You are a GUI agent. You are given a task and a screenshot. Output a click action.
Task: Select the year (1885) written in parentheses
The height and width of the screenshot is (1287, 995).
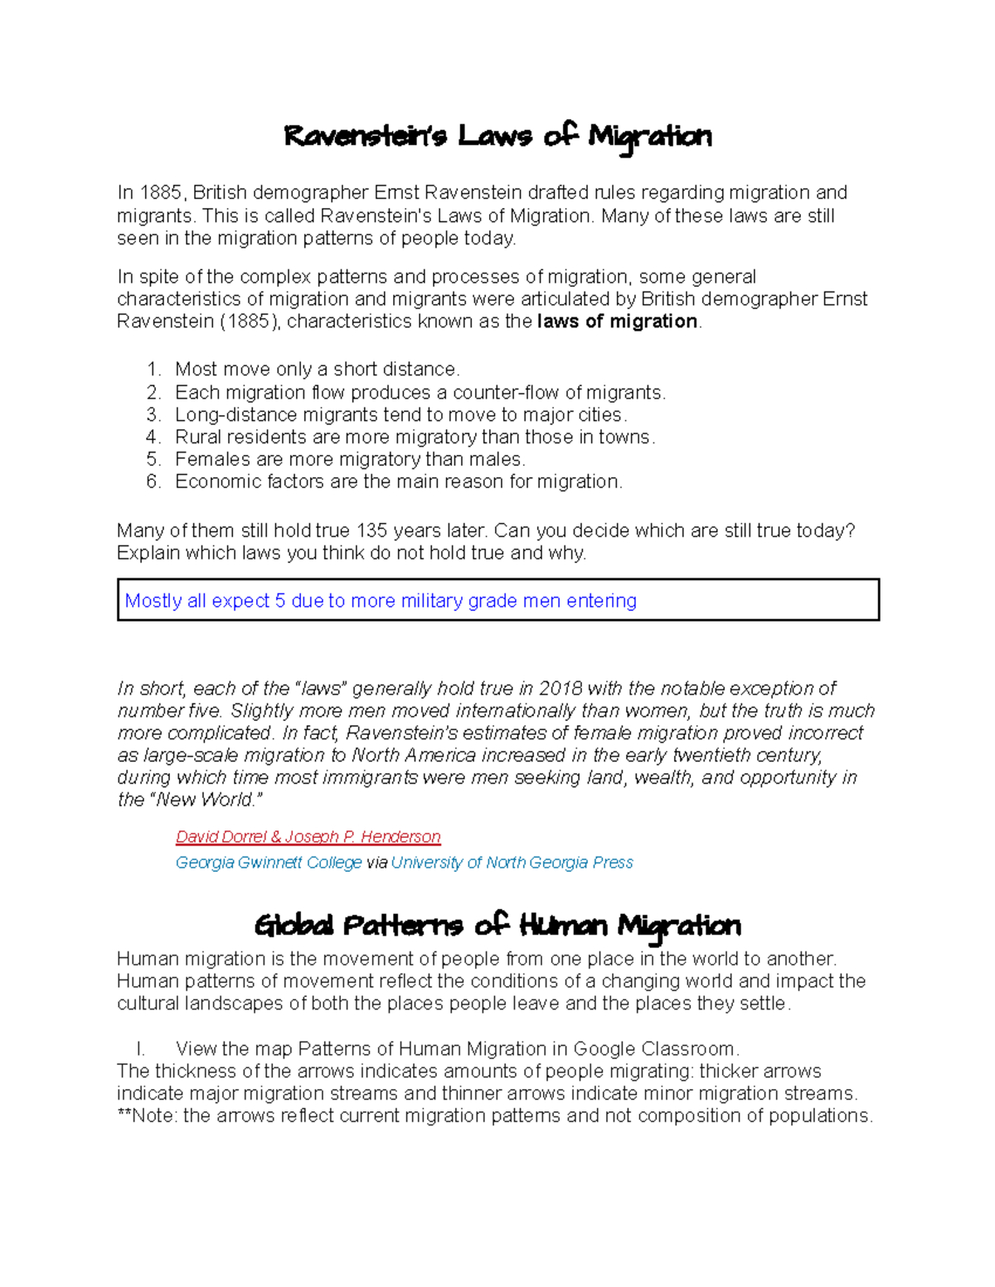pyautogui.click(x=250, y=322)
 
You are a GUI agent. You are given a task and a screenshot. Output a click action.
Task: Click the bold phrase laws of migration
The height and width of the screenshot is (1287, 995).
pyautogui.click(x=617, y=322)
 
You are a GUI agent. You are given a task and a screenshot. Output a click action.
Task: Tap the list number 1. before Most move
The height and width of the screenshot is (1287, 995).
pyautogui.click(x=153, y=370)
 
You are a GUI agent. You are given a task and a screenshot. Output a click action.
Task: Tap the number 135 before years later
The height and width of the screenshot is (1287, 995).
pyautogui.click(x=371, y=531)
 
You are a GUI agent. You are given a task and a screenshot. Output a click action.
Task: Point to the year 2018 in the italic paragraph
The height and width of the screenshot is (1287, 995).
pyautogui.click(x=561, y=689)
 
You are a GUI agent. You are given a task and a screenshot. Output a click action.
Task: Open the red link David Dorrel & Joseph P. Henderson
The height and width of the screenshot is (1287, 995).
pyautogui.click(x=308, y=837)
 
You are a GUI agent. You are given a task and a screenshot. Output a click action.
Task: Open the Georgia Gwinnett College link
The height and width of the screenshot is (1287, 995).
pyautogui.click(x=269, y=863)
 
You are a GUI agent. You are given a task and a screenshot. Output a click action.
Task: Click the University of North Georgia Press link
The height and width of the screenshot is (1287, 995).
pyautogui.click(x=512, y=863)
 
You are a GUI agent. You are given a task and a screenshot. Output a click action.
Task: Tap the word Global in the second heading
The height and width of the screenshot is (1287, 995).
pyautogui.click(x=294, y=926)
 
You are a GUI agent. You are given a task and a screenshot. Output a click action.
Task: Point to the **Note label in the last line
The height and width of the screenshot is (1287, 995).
pyautogui.click(x=148, y=1116)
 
